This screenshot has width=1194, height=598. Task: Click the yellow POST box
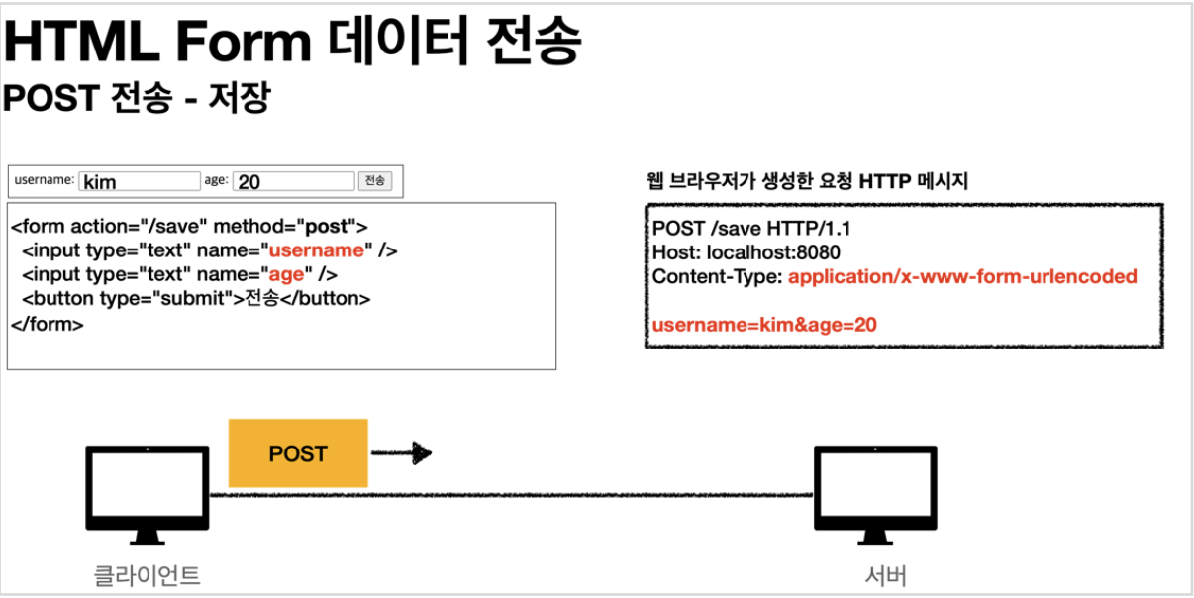[297, 453]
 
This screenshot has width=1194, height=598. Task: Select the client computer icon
[148, 493]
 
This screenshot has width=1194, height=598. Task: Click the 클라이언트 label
[147, 574]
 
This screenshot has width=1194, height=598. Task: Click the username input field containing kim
[139, 181]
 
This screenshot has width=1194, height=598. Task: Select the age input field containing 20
[294, 181]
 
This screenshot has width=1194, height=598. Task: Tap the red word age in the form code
[287, 274]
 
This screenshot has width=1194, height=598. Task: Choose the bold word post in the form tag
[327, 227]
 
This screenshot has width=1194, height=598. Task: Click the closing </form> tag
[48, 323]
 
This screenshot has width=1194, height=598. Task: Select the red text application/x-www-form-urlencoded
[962, 277]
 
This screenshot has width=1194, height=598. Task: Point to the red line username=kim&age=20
[764, 325]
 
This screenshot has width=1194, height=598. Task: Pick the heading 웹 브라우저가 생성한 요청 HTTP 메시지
[806, 181]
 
